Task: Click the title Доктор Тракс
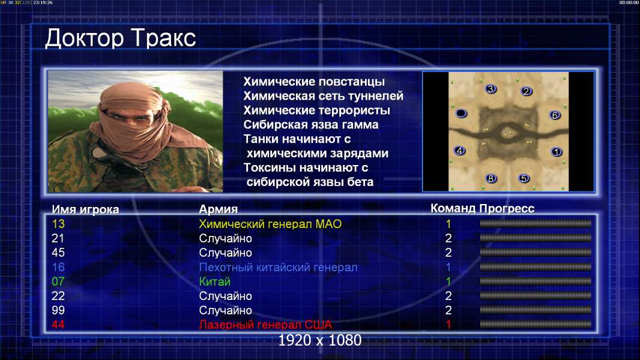click(x=121, y=39)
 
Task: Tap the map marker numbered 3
click(x=491, y=89)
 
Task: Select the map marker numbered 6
click(x=555, y=115)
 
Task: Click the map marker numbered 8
click(x=491, y=178)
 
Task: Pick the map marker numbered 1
click(x=557, y=152)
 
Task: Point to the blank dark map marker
click(x=461, y=113)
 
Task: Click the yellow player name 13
click(x=58, y=224)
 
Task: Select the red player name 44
click(x=58, y=325)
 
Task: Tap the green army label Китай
click(x=215, y=282)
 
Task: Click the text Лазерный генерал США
click(x=265, y=325)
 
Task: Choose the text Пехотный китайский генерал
click(x=279, y=268)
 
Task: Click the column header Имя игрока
click(x=85, y=209)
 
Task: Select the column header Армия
click(x=219, y=209)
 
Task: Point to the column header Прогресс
click(x=507, y=208)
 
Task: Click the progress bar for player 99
click(x=536, y=310)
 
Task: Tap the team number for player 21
click(x=448, y=238)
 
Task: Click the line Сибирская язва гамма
click(x=311, y=125)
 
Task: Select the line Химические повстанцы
click(x=314, y=82)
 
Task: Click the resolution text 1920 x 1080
click(x=320, y=340)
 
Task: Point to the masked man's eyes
click(x=131, y=118)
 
